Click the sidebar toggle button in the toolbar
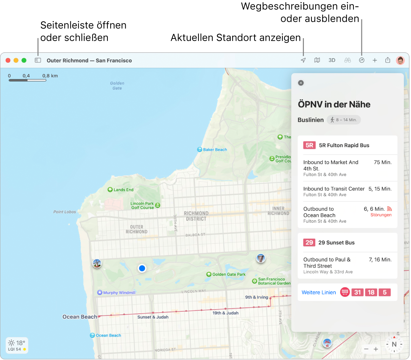(x=38, y=61)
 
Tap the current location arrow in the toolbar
(x=303, y=61)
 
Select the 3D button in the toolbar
(x=332, y=61)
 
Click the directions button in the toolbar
(x=362, y=61)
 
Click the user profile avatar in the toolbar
(x=400, y=61)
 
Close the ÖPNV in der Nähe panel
(x=301, y=83)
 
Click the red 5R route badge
(x=309, y=145)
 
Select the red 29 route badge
(x=309, y=243)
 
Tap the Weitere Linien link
(x=319, y=293)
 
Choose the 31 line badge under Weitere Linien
(x=358, y=293)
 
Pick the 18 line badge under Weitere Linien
(x=371, y=293)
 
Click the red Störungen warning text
(x=381, y=215)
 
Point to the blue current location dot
(x=142, y=268)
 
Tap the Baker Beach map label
(x=215, y=150)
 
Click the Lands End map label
(x=123, y=190)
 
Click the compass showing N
(x=394, y=344)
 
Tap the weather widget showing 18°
(x=17, y=345)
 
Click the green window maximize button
(x=24, y=61)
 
